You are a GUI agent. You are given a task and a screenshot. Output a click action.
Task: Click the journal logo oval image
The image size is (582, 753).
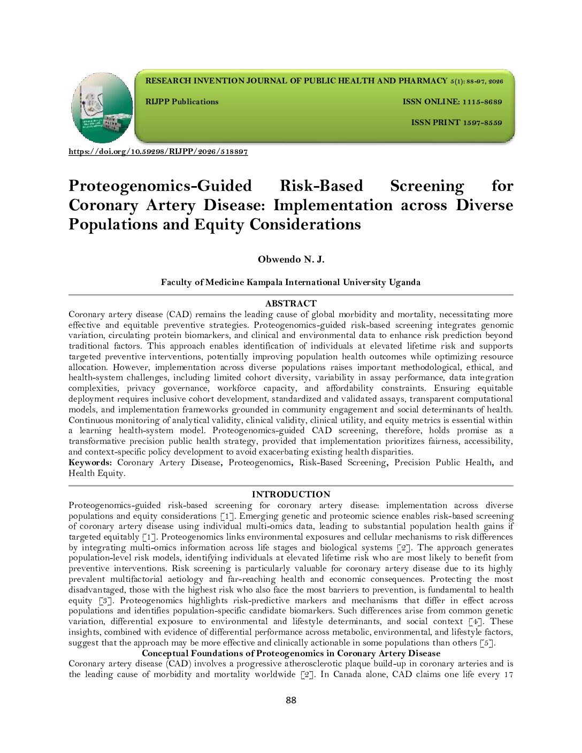[102, 107]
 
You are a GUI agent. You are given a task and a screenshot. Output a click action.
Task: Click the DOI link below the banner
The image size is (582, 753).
[158, 152]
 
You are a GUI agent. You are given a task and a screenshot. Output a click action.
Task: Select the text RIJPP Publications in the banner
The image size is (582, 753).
[182, 102]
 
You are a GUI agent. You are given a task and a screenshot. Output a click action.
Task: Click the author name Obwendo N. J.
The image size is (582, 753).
[290, 260]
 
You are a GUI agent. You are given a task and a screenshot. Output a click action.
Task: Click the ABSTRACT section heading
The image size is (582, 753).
[290, 304]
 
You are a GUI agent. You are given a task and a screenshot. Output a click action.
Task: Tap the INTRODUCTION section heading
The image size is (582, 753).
[290, 495]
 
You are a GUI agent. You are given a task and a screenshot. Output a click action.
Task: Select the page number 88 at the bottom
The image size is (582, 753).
[290, 701]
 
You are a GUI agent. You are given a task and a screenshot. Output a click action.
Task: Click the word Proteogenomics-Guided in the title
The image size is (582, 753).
[160, 186]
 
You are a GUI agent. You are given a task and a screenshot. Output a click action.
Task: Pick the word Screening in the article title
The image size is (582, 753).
[427, 186]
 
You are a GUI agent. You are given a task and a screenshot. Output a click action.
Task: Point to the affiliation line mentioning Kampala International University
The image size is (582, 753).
[290, 282]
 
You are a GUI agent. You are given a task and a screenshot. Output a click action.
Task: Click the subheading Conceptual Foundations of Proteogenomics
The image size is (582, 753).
[290, 653]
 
